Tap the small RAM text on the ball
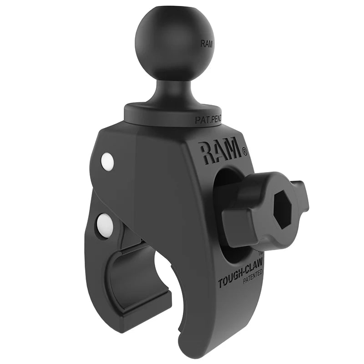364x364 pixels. (207, 44)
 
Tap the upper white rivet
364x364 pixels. (108, 162)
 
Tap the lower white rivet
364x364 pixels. (104, 223)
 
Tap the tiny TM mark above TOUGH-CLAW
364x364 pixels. (261, 253)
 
